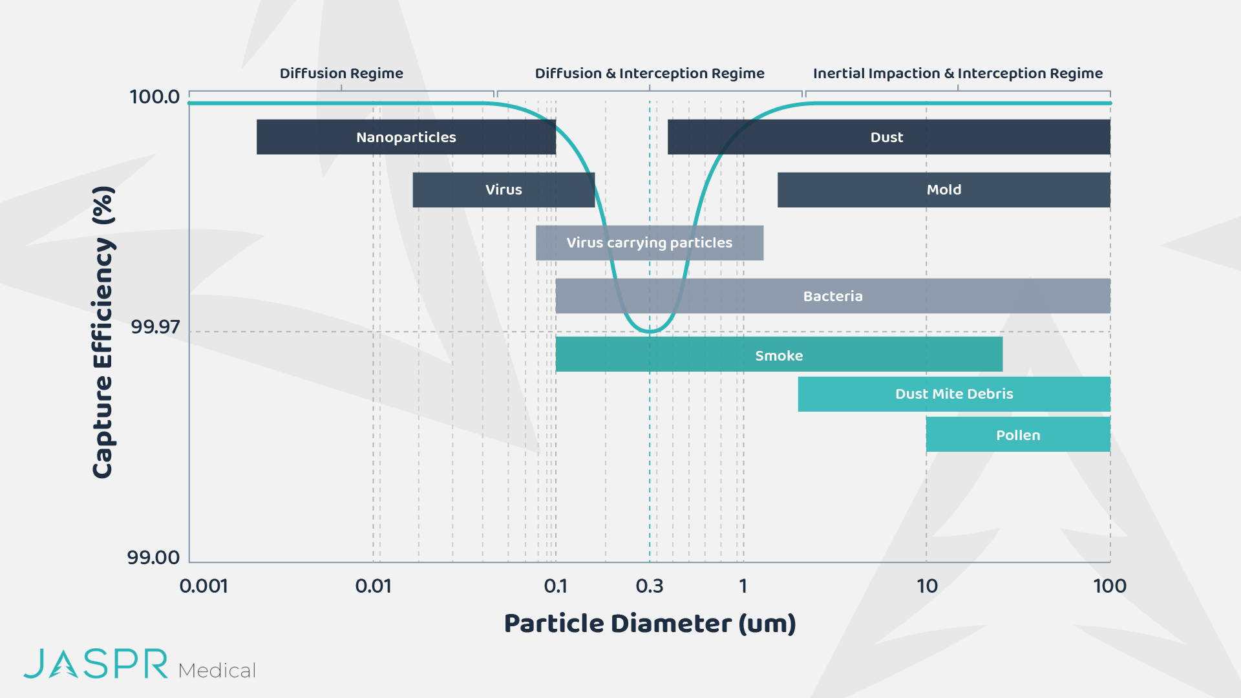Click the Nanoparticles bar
(406, 137)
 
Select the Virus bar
(504, 190)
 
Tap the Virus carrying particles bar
(650, 243)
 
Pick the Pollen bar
(1018, 434)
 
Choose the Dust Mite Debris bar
(954, 394)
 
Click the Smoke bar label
(779, 355)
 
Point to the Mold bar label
(944, 189)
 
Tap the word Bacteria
(833, 296)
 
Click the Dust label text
(887, 137)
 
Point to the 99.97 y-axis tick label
(155, 327)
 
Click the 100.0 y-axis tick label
(154, 97)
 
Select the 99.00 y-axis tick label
(153, 557)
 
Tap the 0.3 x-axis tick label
(650, 586)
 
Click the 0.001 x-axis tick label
(204, 586)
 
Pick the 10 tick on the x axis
(927, 586)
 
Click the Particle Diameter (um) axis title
(650, 624)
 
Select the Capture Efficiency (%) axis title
(103, 332)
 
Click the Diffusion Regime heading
(341, 74)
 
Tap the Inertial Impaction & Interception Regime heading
(958, 74)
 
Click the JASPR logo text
(96, 664)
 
